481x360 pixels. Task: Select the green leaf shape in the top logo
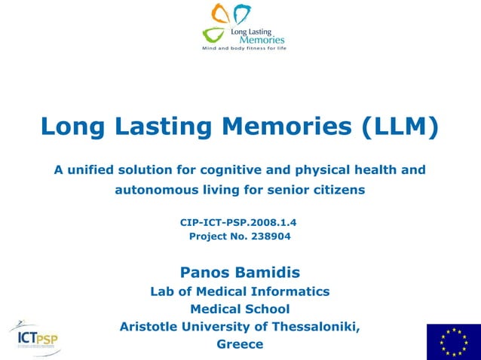(x=214, y=35)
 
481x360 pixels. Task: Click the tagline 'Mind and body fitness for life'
(x=244, y=47)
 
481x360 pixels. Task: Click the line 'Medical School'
(x=240, y=309)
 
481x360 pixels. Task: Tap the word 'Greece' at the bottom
(x=240, y=344)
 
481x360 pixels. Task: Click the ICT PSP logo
(x=35, y=338)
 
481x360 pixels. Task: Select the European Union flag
(x=453, y=341)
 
